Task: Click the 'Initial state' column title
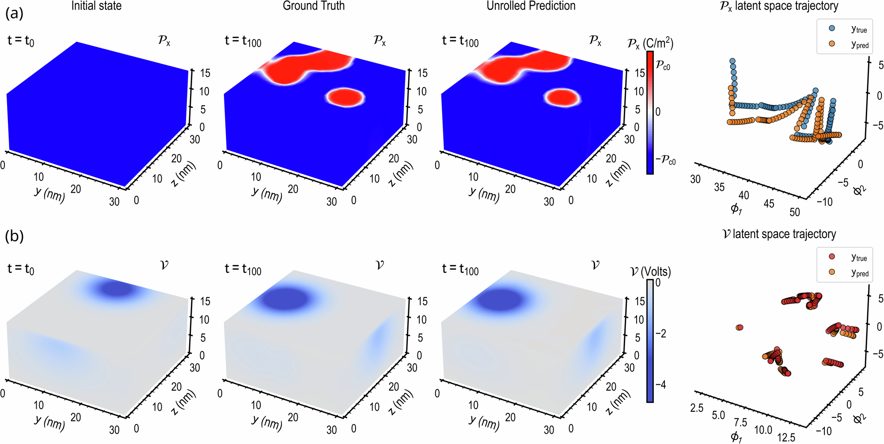coord(96,6)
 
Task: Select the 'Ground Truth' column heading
coord(314,6)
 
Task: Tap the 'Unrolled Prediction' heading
coord(531,6)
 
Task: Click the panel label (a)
coord(14,14)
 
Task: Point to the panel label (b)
coord(14,236)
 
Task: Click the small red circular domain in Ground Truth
coord(345,97)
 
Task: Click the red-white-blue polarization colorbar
coord(650,112)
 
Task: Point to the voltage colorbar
coord(650,340)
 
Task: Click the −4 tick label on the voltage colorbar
coord(661,385)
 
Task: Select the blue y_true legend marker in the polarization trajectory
coord(832,28)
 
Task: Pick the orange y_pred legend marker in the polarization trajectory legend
coord(832,44)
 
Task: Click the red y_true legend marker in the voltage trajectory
coord(832,257)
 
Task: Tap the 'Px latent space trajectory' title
coord(778,6)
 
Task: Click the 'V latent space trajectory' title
coord(778,234)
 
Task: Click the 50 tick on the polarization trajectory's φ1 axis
coord(794,212)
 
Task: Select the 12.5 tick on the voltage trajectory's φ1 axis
coord(786,437)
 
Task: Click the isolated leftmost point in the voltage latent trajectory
coord(740,327)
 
